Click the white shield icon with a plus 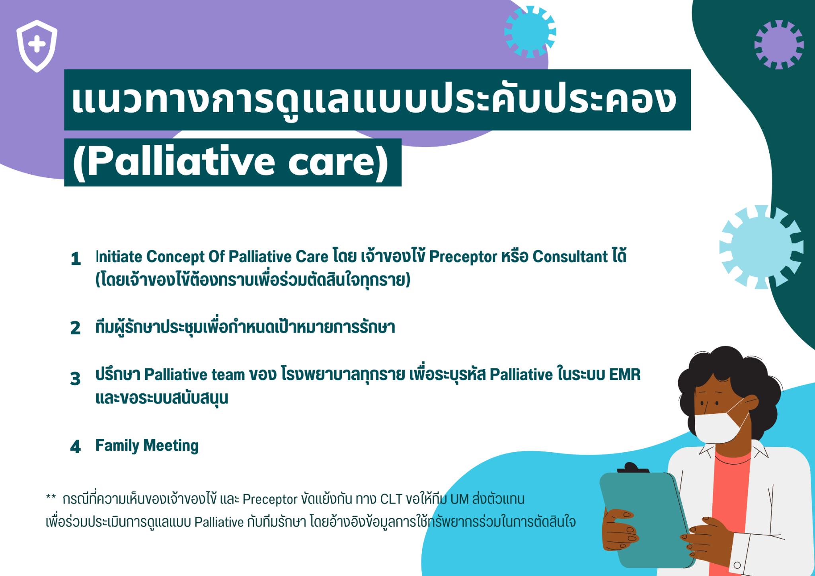point(37,46)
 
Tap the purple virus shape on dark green point(779,45)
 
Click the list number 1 point(76,259)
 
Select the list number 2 point(76,328)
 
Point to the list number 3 point(75,378)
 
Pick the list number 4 point(75,446)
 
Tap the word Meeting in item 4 point(171,446)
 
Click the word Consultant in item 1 point(570,257)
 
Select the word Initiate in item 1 point(119,257)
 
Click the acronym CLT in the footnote point(391,499)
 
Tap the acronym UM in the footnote point(460,499)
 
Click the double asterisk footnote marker point(51,497)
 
